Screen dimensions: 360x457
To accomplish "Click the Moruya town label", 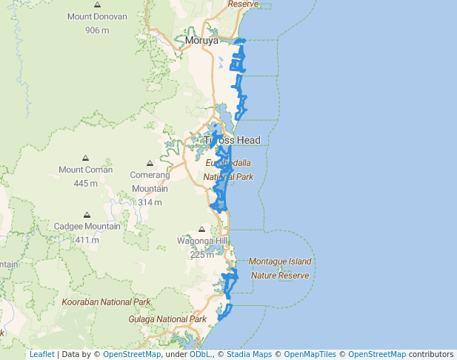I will tap(202, 41).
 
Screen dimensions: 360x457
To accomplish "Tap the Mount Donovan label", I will tap(97, 17).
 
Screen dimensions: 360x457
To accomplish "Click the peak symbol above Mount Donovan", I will tap(98, 4).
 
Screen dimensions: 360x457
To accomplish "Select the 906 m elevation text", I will tap(97, 30).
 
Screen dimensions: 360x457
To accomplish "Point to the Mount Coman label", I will tap(86, 170).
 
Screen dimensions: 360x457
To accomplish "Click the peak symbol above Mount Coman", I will tap(86, 158).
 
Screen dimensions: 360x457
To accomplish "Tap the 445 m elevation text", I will tap(86, 183).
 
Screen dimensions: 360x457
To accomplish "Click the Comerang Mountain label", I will tap(150, 182).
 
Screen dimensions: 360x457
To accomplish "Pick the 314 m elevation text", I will tap(150, 202).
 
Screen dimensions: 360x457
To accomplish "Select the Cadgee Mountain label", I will tap(87, 226).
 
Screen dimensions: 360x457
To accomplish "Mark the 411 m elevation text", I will tap(87, 240).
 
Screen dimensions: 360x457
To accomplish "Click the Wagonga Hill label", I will tap(202, 241).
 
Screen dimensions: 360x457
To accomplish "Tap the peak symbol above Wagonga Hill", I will tap(202, 229).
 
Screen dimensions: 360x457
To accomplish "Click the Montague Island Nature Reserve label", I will tap(280, 268).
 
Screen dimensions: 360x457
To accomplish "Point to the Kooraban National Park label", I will tap(106, 302).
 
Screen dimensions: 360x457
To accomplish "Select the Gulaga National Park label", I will tap(167, 319).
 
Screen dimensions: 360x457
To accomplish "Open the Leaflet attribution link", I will tap(41, 354).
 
